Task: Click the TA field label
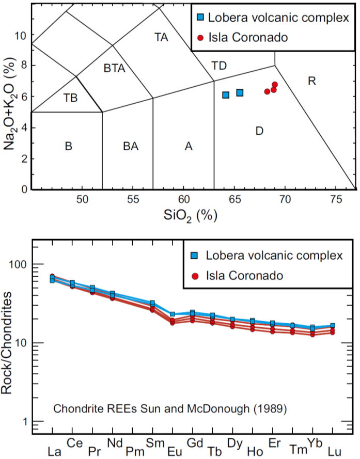162,37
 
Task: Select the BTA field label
115,69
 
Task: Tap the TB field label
71,98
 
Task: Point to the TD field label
219,66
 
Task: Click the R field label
311,81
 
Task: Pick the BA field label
131,147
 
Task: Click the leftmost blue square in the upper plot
226,94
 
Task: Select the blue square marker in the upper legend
200,17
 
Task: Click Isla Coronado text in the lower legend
244,276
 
